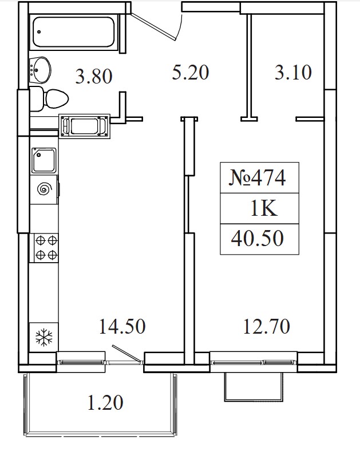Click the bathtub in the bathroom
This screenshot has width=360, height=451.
coord(74,32)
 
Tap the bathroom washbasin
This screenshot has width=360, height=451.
coord(40,70)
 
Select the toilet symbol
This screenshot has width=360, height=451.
coord(48,98)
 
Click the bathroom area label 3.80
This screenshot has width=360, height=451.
coord(94,77)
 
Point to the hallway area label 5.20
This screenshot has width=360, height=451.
coord(191,72)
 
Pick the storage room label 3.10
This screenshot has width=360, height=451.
coord(293,72)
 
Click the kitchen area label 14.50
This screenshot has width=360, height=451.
coord(122,326)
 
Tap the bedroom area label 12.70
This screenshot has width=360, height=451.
coord(267,326)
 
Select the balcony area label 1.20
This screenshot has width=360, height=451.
coord(105,402)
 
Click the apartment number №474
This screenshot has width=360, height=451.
coord(258,178)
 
